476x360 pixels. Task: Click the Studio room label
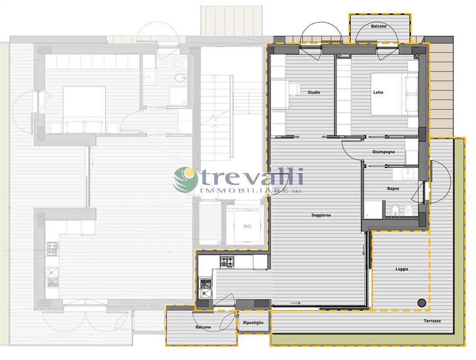[314, 93]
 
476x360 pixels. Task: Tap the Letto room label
[378, 93]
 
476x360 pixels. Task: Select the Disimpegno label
[384, 152]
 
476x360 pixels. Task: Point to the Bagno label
[393, 189]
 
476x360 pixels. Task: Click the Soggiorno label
[321, 215]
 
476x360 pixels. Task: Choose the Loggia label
[402, 269]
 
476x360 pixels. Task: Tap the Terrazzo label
[432, 321]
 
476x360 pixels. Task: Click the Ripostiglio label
[253, 322]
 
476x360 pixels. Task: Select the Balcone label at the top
[379, 26]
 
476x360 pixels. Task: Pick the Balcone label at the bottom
[204, 327]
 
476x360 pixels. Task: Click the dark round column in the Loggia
[422, 302]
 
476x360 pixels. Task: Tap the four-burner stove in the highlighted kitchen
[227, 262]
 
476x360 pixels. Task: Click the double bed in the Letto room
[395, 94]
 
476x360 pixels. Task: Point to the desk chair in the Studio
[293, 89]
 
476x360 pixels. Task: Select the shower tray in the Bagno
[373, 210]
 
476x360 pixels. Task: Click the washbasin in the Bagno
[404, 174]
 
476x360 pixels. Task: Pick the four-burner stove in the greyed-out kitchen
[52, 249]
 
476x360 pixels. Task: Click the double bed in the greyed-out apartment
[85, 109]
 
